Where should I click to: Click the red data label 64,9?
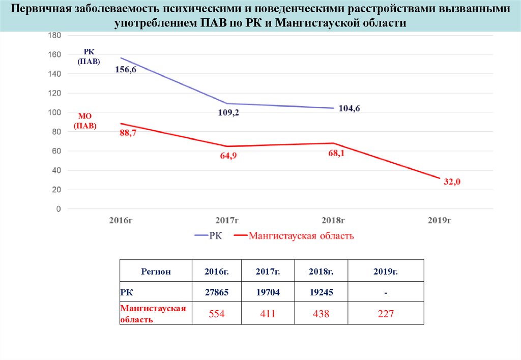click(228, 156)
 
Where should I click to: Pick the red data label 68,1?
click(336, 153)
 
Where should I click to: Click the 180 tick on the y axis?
click(54, 35)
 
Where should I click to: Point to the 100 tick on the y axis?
click(54, 112)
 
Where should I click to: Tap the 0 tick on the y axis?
click(59, 209)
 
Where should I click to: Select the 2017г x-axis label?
click(227, 220)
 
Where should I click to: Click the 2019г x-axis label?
click(440, 220)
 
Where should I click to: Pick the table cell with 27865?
click(217, 292)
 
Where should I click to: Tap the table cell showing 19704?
click(268, 292)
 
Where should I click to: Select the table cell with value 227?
click(386, 314)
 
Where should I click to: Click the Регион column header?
click(156, 272)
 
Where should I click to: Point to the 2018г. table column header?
click(321, 272)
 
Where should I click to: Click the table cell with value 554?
click(217, 314)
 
